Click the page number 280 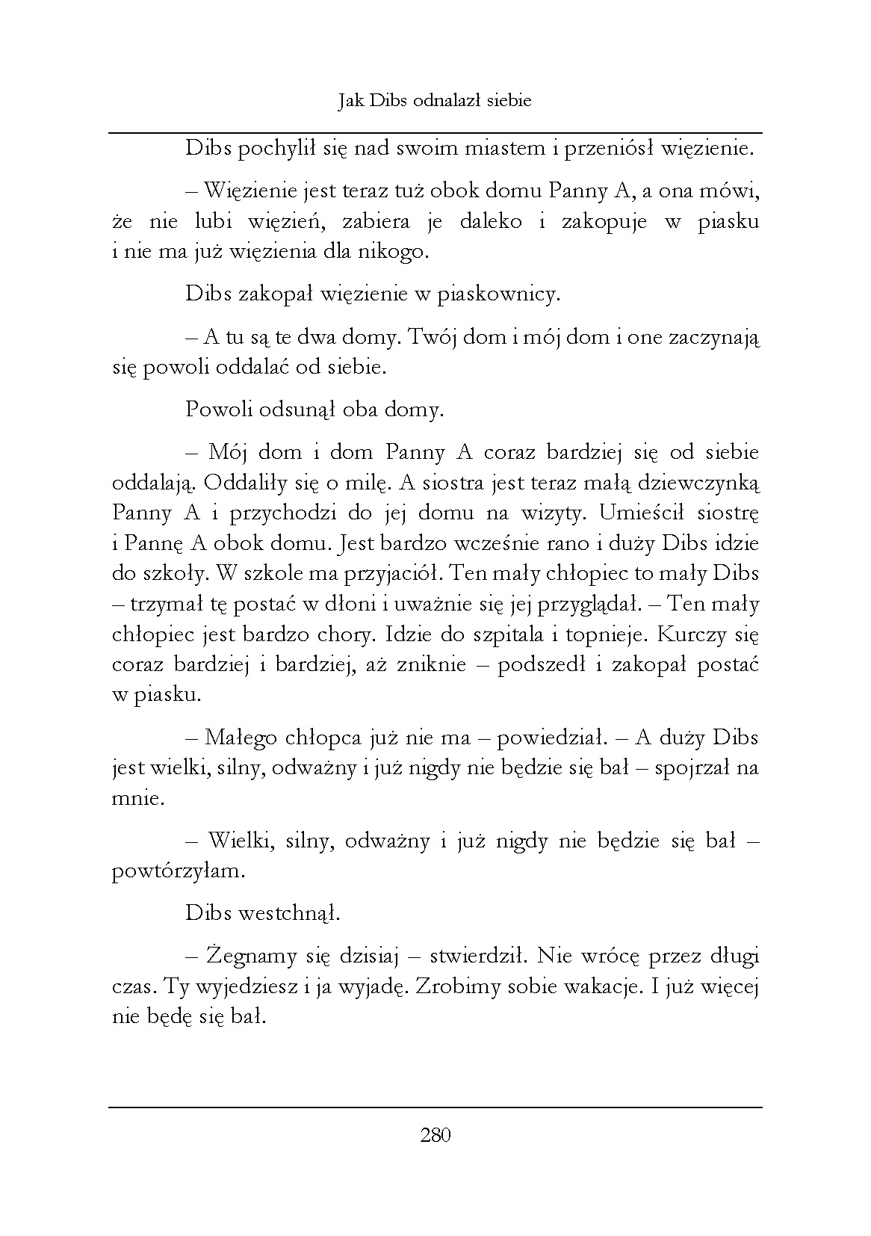pos(435,1136)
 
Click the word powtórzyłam pos(177,871)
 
